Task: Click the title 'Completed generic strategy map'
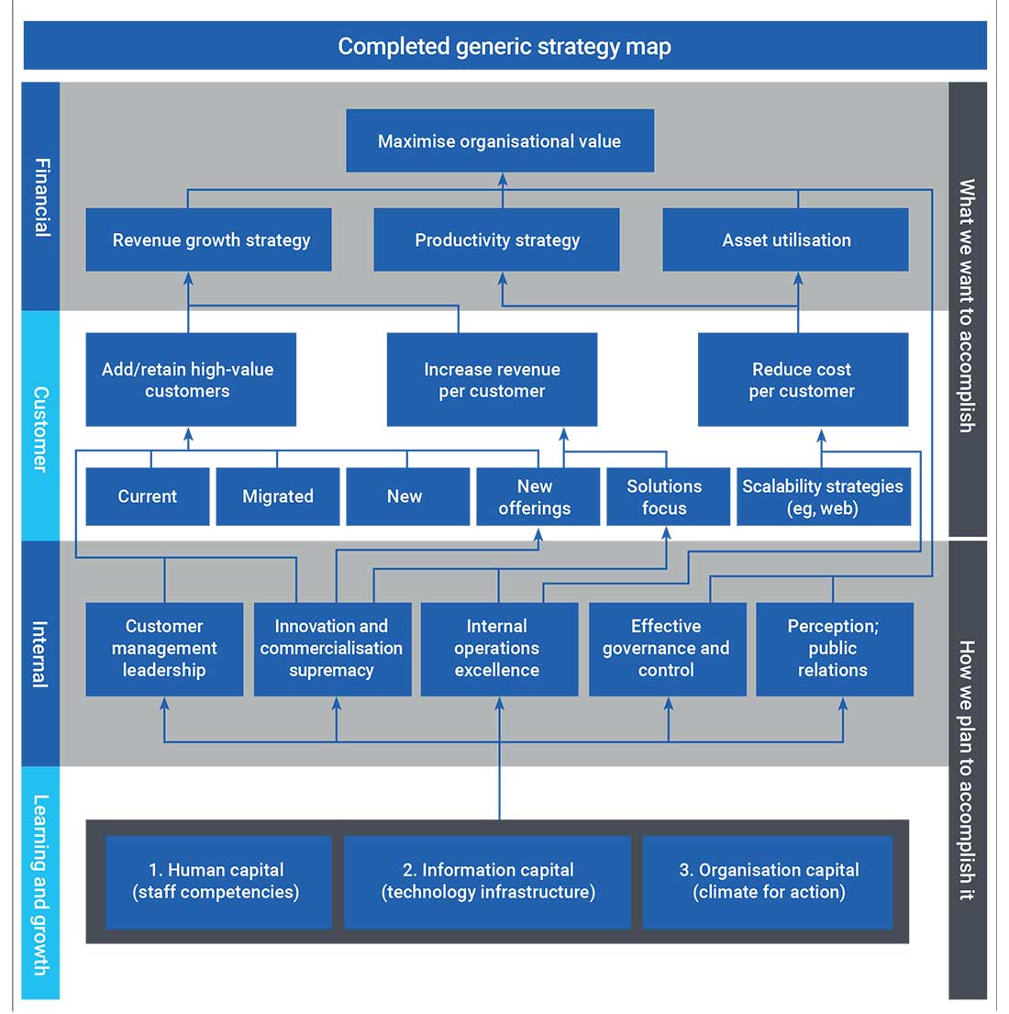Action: [x=504, y=46]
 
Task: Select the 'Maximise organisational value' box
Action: [x=500, y=141]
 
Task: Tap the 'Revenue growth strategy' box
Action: [x=209, y=240]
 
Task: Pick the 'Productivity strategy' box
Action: [x=496, y=240]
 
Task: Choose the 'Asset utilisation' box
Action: [x=785, y=240]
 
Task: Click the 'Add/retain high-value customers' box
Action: [x=190, y=380]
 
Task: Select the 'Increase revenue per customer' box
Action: [x=492, y=380]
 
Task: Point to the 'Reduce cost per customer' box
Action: [x=803, y=380]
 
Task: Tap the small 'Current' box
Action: [x=147, y=496]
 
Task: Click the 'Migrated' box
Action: [x=277, y=496]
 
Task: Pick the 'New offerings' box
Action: [x=537, y=497]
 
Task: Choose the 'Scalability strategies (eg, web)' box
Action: [x=823, y=497]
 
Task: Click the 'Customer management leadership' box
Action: [x=164, y=649]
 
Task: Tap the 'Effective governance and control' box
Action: [x=667, y=649]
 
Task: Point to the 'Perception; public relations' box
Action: [x=834, y=649]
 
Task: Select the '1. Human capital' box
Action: [x=217, y=882]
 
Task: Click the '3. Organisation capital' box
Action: [x=768, y=882]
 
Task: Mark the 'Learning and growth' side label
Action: [x=40, y=883]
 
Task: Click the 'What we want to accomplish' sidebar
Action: [x=967, y=307]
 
